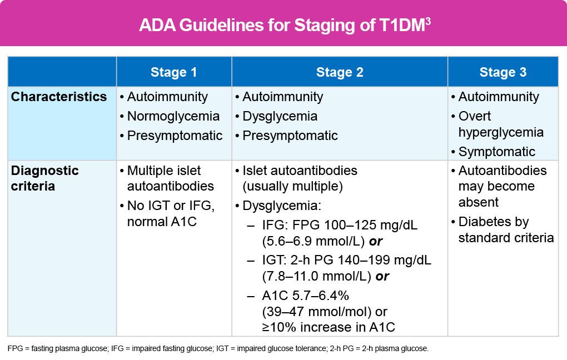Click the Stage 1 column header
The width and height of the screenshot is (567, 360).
[x=173, y=72]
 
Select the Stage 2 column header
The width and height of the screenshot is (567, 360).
[x=340, y=72]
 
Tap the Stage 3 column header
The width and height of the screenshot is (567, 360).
[x=503, y=72]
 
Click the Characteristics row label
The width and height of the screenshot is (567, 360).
[x=58, y=97]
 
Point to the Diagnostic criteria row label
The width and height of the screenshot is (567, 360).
[x=44, y=178]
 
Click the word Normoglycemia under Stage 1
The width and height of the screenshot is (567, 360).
[x=173, y=116]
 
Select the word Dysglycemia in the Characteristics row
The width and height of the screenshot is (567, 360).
[x=280, y=116]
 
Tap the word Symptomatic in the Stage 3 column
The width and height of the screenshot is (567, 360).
[x=496, y=152]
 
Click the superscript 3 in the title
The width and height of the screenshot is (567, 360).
[x=428, y=21]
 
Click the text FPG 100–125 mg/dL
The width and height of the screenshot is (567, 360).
[x=355, y=225]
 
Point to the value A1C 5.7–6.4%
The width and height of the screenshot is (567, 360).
[x=306, y=296]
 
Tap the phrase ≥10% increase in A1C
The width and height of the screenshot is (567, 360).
[x=329, y=327]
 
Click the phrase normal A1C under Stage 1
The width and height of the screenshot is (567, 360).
[x=162, y=221]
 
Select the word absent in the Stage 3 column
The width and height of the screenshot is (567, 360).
[x=478, y=202]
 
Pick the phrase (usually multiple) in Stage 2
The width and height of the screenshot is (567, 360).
[x=292, y=186]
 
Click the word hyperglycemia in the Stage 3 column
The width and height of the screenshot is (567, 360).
[x=501, y=132]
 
